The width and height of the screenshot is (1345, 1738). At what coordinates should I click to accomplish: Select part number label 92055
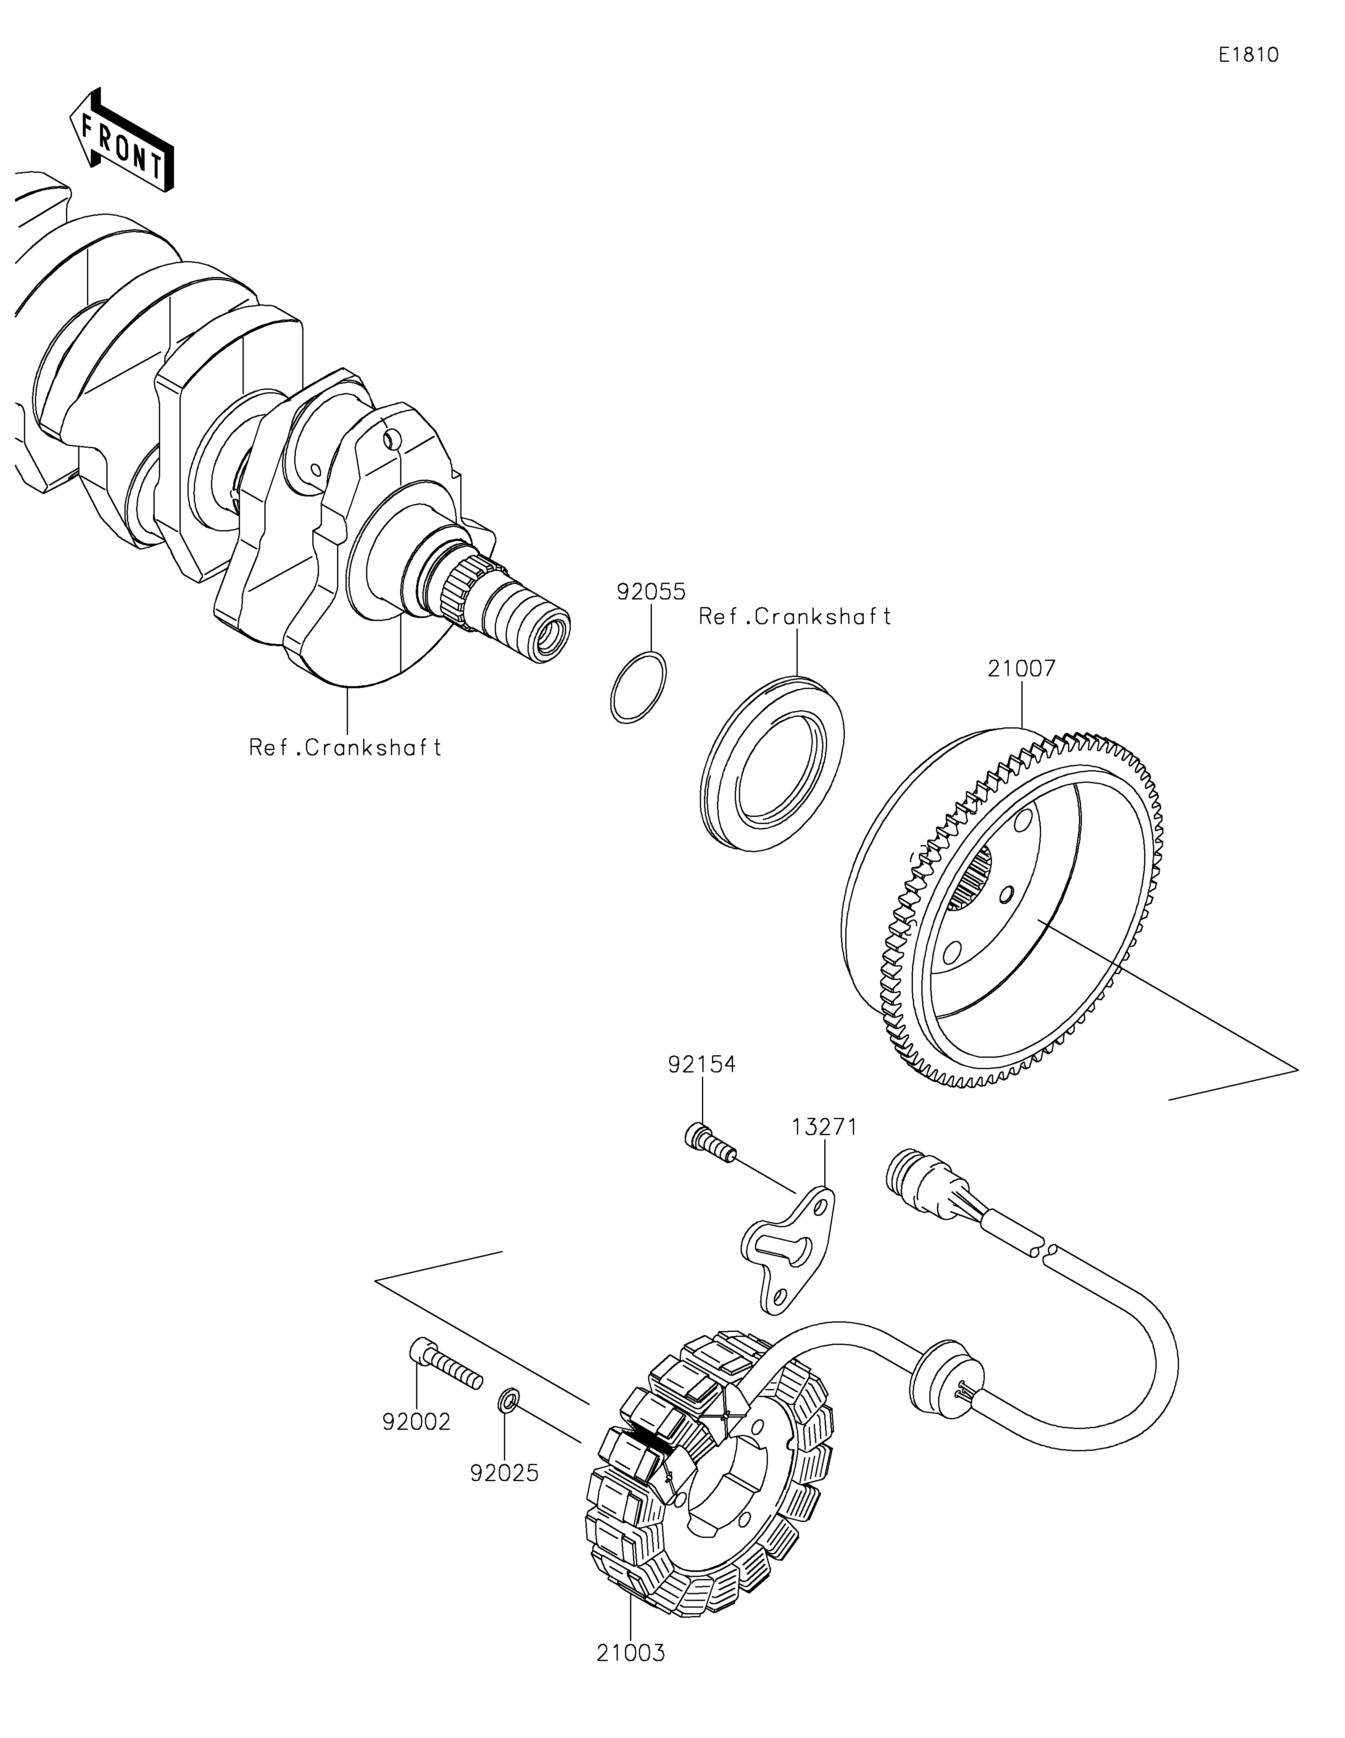click(651, 592)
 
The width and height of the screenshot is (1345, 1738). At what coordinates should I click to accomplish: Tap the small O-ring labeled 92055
click(639, 687)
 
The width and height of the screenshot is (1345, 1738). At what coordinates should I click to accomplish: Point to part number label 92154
click(702, 1065)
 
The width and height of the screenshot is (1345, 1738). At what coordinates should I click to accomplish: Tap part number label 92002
click(416, 1421)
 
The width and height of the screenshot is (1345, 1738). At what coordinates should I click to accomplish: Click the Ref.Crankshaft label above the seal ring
click(794, 617)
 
